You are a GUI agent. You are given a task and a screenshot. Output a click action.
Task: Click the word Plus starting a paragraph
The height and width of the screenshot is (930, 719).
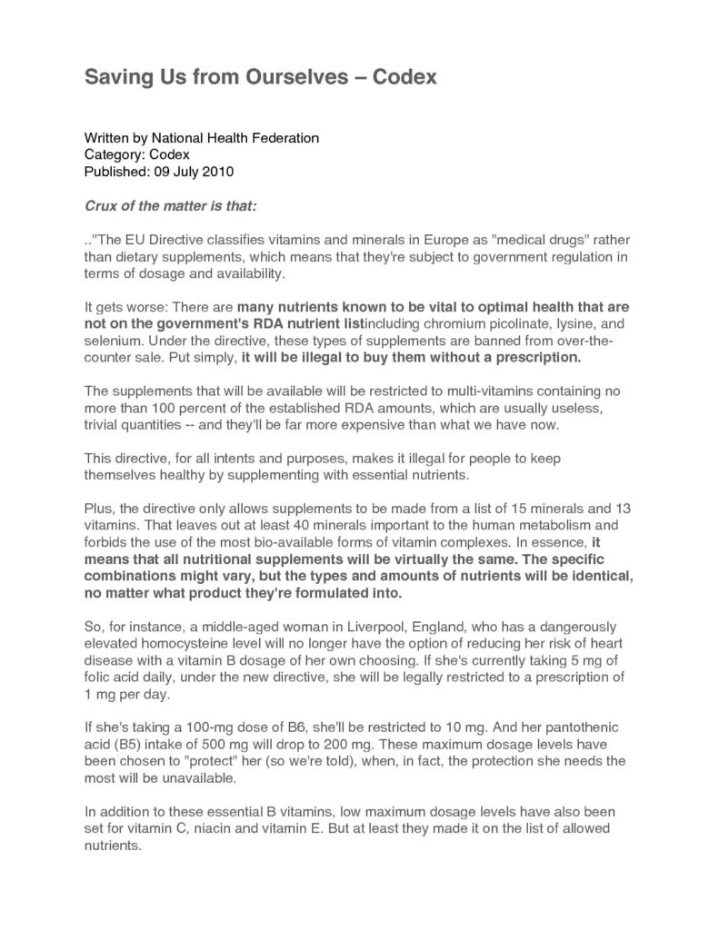97,507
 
